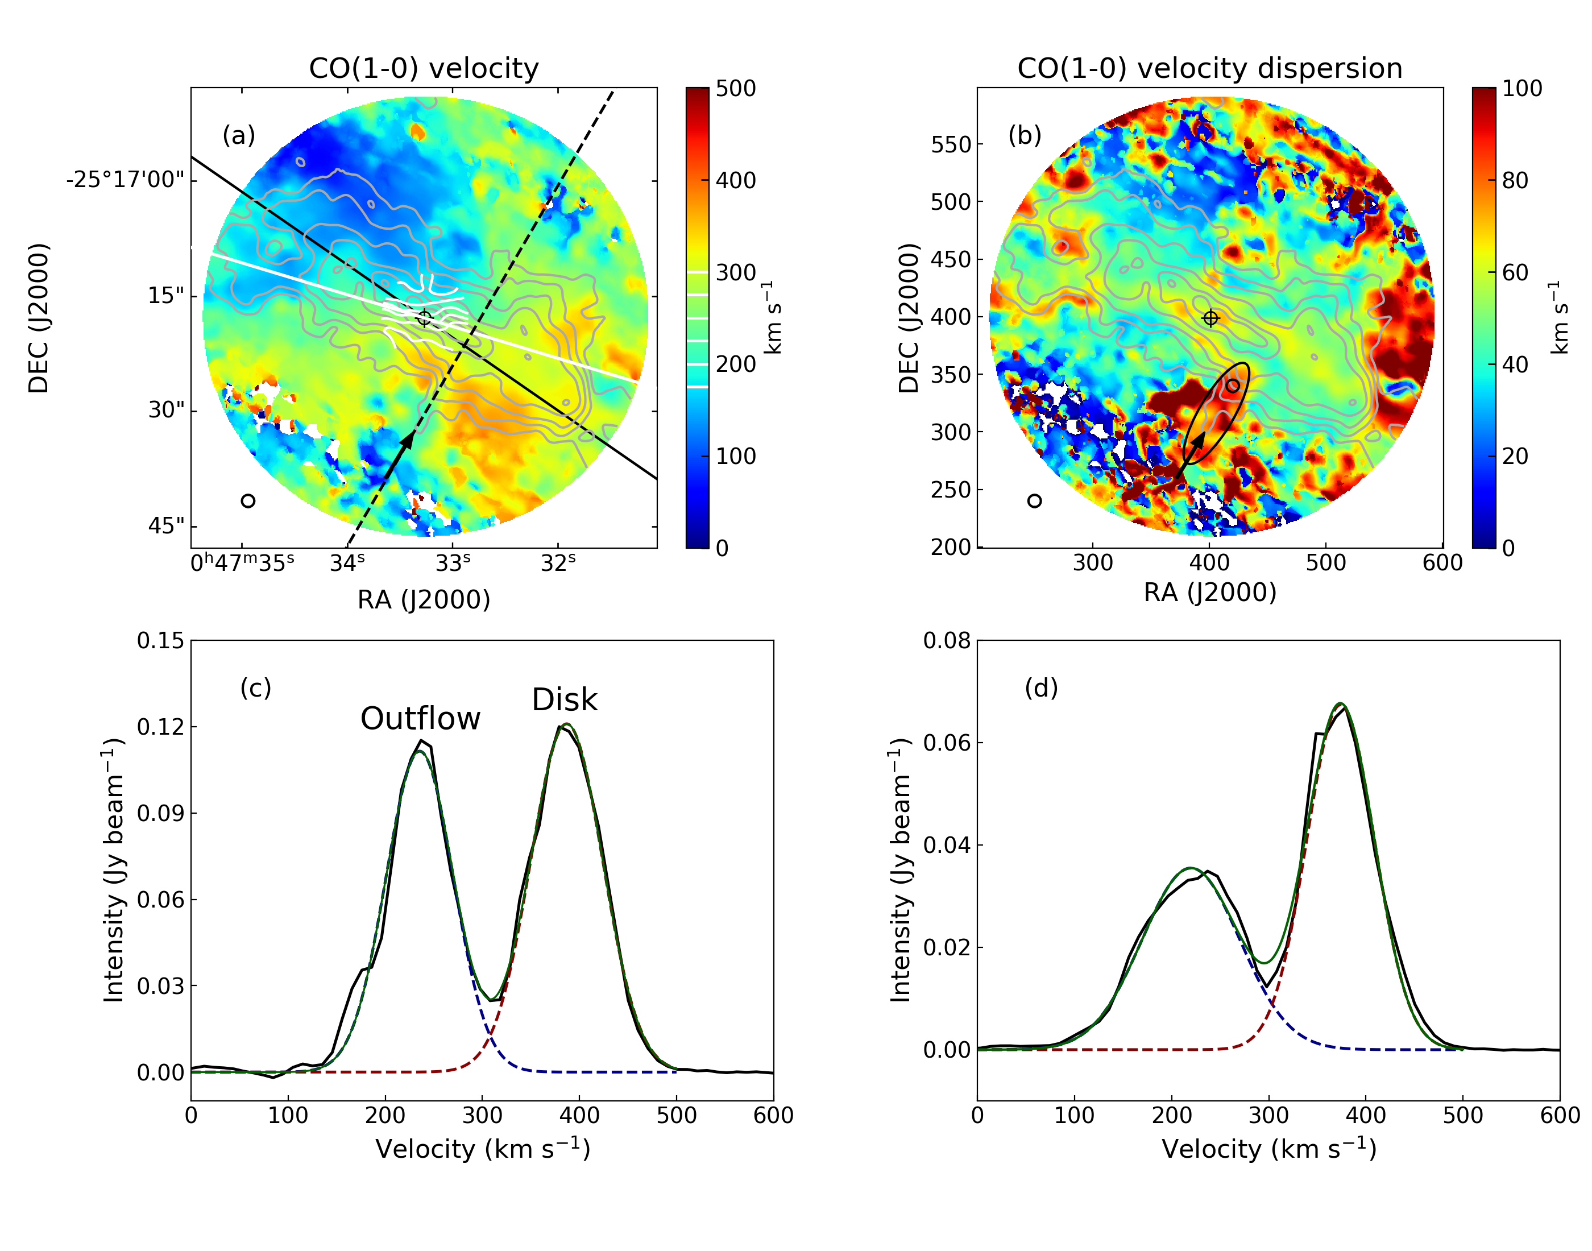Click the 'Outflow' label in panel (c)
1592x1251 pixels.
pyautogui.click(x=420, y=719)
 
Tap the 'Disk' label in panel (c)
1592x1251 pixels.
pyautogui.click(x=564, y=699)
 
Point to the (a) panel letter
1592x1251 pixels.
pyautogui.click(x=239, y=135)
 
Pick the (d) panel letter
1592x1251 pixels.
pyautogui.click(x=1040, y=687)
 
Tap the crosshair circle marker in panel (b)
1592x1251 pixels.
pyautogui.click(x=1210, y=318)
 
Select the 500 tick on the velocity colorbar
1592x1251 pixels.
pyautogui.click(x=735, y=89)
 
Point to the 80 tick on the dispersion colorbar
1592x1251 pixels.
pyautogui.click(x=1515, y=180)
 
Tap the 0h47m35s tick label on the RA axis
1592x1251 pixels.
pyautogui.click(x=242, y=562)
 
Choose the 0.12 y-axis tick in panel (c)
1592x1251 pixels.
pyautogui.click(x=160, y=727)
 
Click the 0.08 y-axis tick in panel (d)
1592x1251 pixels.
pyautogui.click(x=947, y=641)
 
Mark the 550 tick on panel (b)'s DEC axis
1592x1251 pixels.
pyautogui.click(x=951, y=144)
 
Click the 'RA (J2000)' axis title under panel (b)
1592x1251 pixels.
pyautogui.click(x=1210, y=592)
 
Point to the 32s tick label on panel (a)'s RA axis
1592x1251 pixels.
pyautogui.click(x=558, y=562)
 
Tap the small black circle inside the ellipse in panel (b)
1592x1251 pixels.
pyautogui.click(x=1233, y=386)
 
